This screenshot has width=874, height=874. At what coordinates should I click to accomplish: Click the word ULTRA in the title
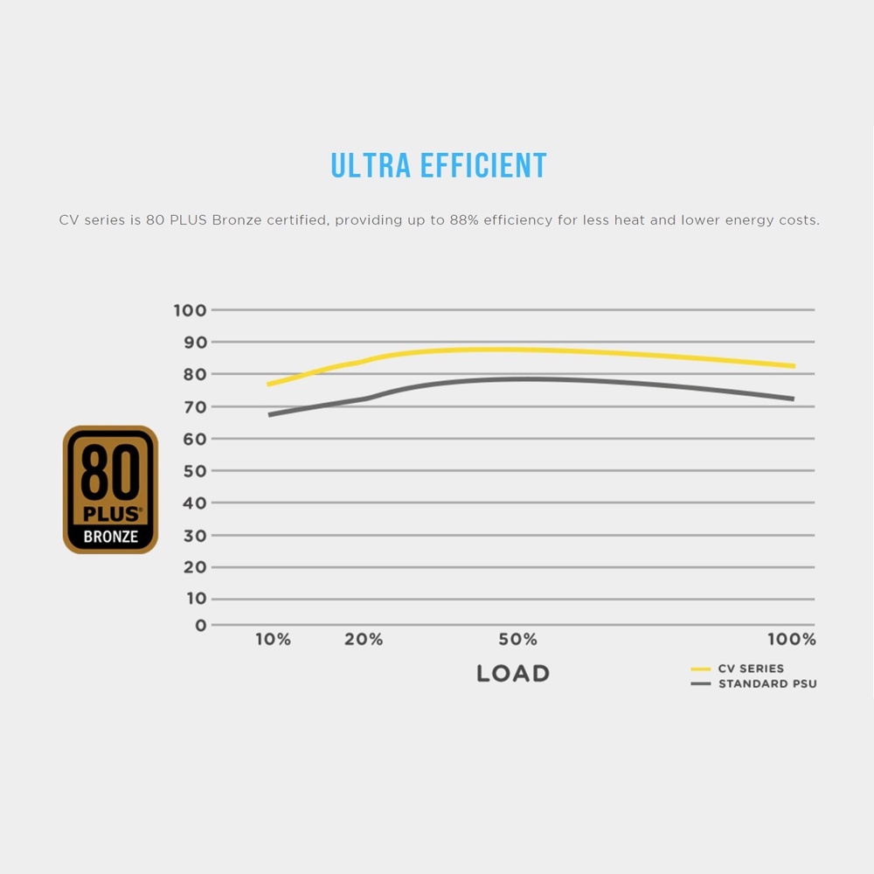click(x=371, y=165)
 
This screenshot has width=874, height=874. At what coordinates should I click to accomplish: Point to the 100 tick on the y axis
click(x=190, y=310)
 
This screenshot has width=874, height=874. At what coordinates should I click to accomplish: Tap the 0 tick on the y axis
click(x=201, y=626)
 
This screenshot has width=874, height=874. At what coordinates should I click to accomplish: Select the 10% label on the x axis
click(x=273, y=640)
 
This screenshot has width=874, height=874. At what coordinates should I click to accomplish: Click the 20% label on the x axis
click(x=364, y=640)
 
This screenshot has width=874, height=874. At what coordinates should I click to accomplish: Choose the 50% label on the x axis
click(x=517, y=640)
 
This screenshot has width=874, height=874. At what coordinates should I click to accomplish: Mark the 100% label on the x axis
click(x=791, y=640)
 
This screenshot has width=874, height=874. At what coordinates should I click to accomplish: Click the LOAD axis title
click(x=513, y=674)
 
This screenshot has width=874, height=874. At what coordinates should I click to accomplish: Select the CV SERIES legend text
click(x=751, y=669)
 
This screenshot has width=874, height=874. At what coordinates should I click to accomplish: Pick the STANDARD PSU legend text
click(x=767, y=683)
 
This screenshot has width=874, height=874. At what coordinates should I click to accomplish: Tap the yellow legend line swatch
click(x=701, y=669)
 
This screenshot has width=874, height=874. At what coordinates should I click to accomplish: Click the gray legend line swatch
click(x=701, y=683)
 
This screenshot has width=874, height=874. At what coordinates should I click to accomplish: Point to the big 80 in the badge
click(x=110, y=475)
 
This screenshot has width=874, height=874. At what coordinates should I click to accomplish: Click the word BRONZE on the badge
click(x=110, y=537)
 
